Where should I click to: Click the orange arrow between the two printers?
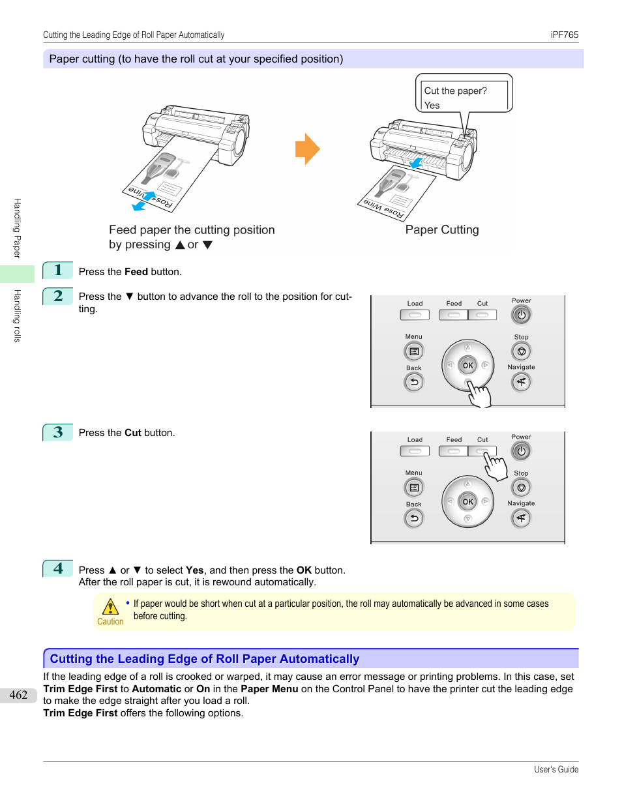[307, 149]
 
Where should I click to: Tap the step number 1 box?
[58, 271]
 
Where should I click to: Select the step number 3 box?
[58, 432]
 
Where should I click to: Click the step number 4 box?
[58, 568]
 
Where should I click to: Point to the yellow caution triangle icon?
[110, 607]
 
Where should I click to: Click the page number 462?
[18, 695]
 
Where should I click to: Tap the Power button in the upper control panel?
[521, 315]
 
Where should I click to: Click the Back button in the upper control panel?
[414, 382]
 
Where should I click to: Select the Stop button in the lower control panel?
[521, 488]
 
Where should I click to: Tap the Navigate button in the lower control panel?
[521, 518]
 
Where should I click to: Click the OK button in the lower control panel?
[467, 502]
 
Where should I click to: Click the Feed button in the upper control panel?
[454, 315]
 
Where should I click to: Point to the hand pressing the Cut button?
[495, 466]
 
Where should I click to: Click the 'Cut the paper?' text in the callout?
[455, 91]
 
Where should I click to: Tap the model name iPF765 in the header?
[564, 35]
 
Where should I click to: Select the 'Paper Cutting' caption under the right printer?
[442, 229]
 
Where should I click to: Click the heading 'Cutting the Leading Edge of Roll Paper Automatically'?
[205, 659]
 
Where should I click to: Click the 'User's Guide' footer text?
[555, 770]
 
